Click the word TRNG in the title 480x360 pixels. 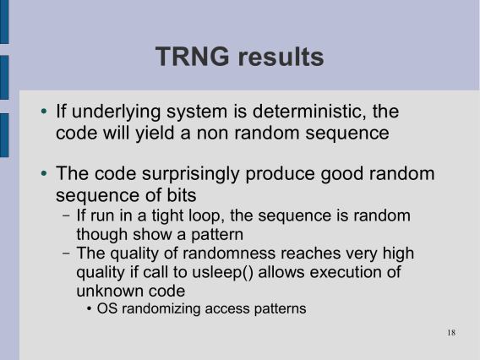pyautogui.click(x=192, y=57)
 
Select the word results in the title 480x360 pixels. pyautogui.click(x=281, y=57)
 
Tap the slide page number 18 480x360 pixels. pyautogui.click(x=451, y=332)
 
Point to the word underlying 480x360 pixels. pyautogui.click(x=116, y=112)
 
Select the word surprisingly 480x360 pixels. pyautogui.click(x=190, y=174)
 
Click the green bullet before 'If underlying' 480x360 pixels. pyautogui.click(x=44, y=111)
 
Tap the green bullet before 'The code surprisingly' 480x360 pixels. pyautogui.click(x=44, y=173)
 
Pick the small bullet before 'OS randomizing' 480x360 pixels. pyautogui.click(x=89, y=309)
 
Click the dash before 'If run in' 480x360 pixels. pyautogui.click(x=66, y=215)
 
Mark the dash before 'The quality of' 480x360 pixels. pyautogui.click(x=66, y=254)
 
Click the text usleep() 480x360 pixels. pyautogui.click(x=222, y=272)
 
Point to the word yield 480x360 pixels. pyautogui.click(x=155, y=134)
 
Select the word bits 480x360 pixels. pyautogui.click(x=182, y=195)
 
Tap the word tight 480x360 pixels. pyautogui.click(x=167, y=216)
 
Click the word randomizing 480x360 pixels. pyautogui.click(x=161, y=309)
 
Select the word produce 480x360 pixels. pyautogui.click(x=280, y=174)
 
